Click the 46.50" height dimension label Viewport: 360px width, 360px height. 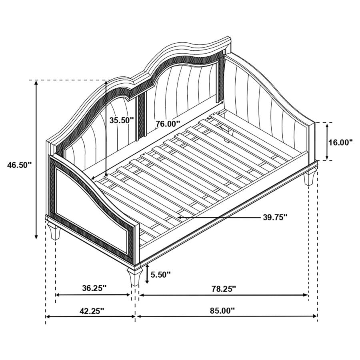19,164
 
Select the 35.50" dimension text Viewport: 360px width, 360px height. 121,120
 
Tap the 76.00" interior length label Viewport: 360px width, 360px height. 168,124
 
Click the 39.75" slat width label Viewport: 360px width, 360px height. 276,217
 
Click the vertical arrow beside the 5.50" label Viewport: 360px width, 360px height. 148,274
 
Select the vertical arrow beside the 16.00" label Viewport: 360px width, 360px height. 327,142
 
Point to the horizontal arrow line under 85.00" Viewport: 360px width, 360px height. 227,316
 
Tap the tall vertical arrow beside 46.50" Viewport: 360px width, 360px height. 36,160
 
